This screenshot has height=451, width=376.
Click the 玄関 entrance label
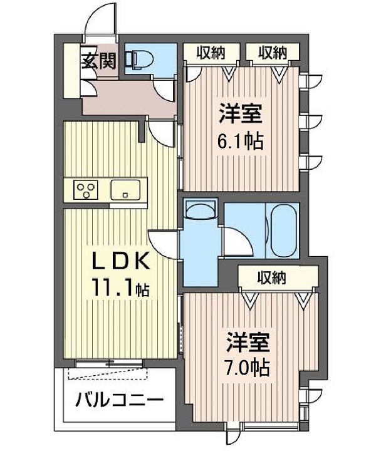click(x=98, y=61)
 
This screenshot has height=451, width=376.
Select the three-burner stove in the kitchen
click(x=86, y=190)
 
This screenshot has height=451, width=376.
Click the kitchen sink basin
click(x=125, y=190)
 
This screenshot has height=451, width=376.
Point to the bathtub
click(x=283, y=229)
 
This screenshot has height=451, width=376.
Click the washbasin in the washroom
click(x=201, y=210)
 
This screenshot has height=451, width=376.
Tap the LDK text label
click(x=121, y=261)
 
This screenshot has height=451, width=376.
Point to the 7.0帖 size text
click(x=248, y=366)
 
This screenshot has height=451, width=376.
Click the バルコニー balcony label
click(x=120, y=400)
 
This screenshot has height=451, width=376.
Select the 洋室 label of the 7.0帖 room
click(x=248, y=342)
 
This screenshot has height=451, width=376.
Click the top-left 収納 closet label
click(x=211, y=53)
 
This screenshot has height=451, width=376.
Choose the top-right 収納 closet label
click(x=272, y=53)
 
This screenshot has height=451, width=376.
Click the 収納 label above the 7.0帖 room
click(x=271, y=278)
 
